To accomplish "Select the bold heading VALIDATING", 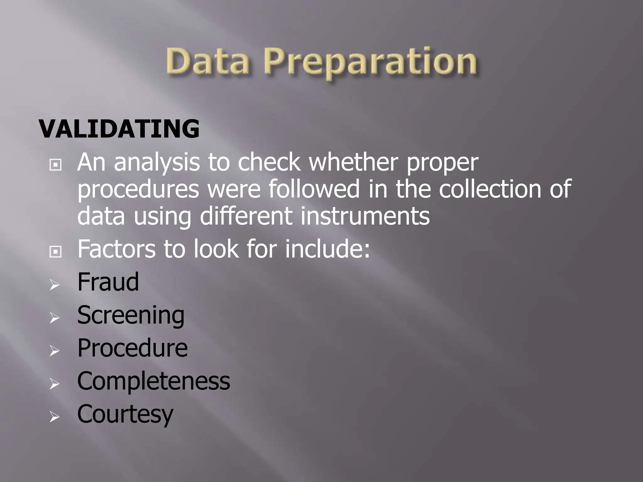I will pos(119,129).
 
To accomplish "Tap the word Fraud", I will pos(108,282).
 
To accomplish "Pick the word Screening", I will pos(131,315).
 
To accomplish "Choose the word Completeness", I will pos(154,381).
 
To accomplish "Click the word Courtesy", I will pos(125,414).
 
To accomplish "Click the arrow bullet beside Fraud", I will pos(55,285).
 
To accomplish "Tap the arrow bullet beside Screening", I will pos(55,318).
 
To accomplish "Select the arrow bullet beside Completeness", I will pos(55,384).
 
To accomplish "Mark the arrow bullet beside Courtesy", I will pos(55,417).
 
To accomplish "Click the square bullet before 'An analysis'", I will pos(55,164).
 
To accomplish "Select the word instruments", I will pos(365,216).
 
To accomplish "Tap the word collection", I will pos(490,189).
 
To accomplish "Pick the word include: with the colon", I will pos(328,249).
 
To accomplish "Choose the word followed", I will pos(314,189).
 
